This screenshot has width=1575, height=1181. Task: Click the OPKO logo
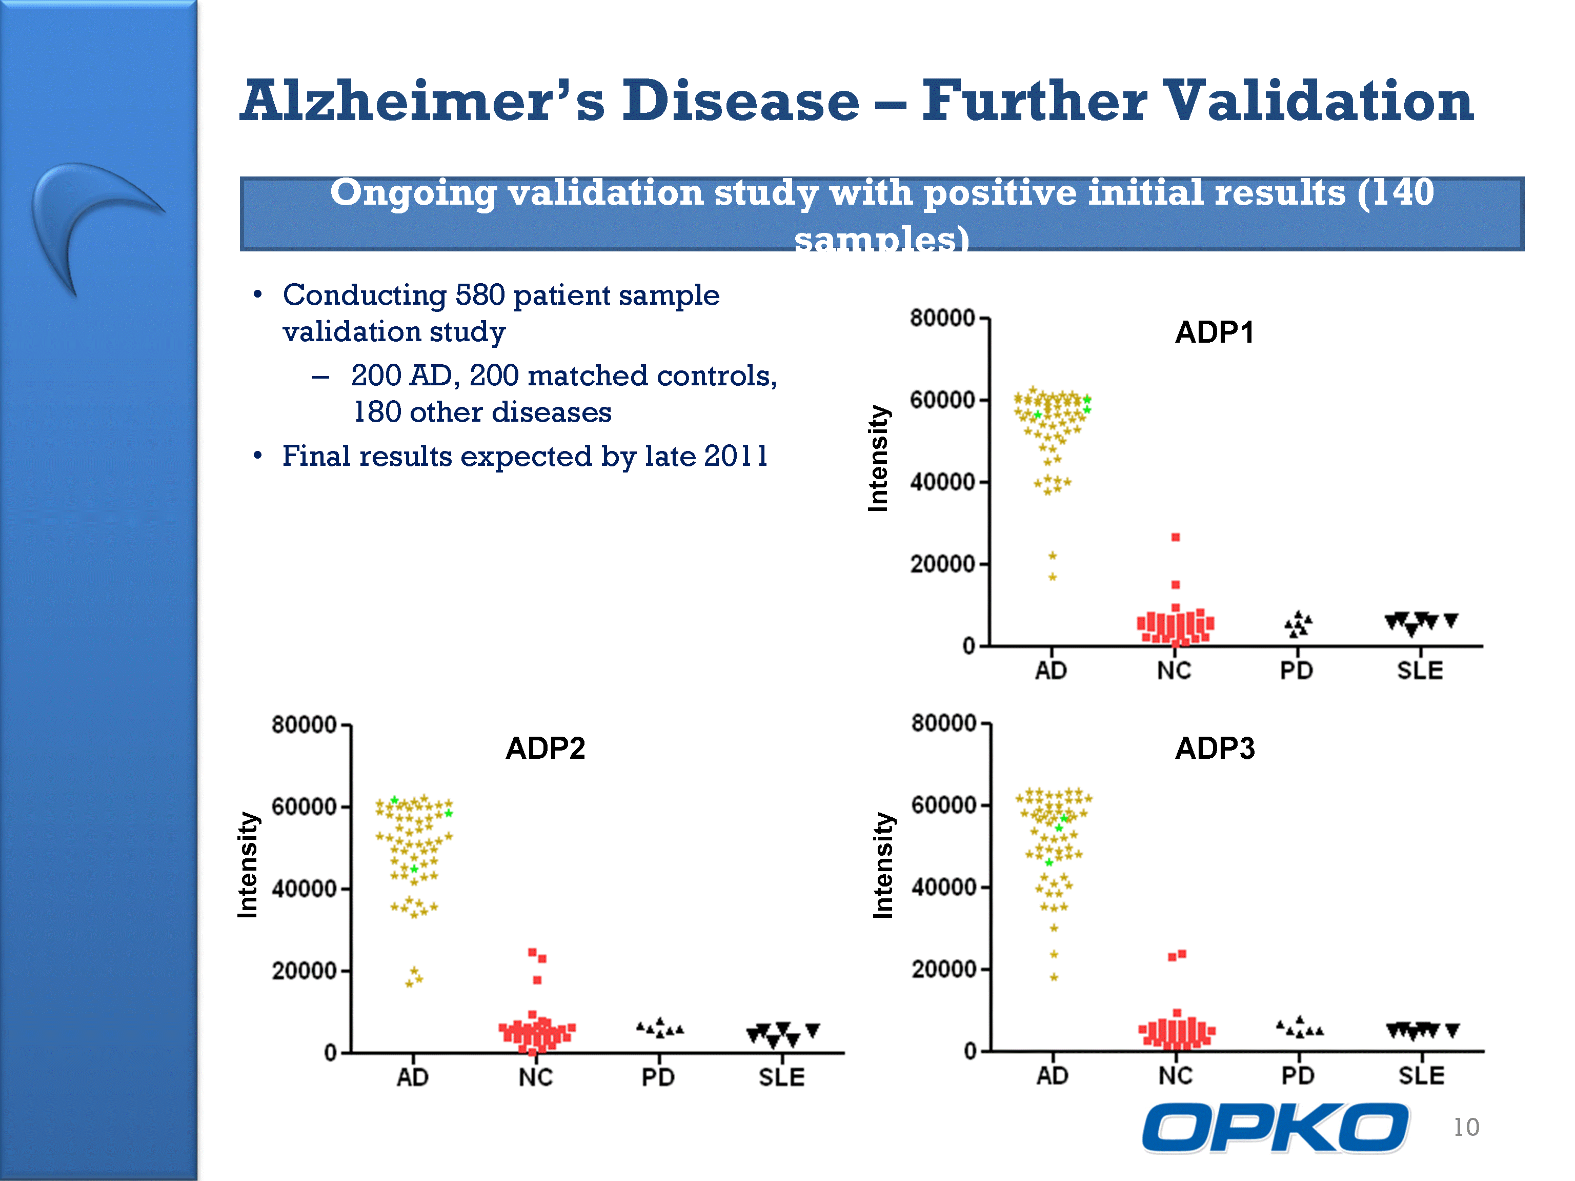(1275, 1127)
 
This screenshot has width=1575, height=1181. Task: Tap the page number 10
(1466, 1127)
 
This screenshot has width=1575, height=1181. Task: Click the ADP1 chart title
(1214, 332)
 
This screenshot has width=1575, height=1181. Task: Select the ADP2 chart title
(546, 748)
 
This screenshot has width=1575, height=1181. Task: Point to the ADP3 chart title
(1215, 748)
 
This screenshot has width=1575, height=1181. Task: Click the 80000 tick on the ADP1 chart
(942, 318)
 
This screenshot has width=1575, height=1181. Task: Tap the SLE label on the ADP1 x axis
(1420, 671)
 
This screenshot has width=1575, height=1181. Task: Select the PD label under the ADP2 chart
(658, 1077)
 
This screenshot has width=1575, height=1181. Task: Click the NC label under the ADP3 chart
(1176, 1076)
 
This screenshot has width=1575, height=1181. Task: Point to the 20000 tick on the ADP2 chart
(304, 971)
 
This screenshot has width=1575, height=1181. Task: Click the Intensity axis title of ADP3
(883, 865)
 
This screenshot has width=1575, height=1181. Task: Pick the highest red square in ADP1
(1176, 537)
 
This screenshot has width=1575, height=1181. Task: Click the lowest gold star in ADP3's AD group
(1054, 977)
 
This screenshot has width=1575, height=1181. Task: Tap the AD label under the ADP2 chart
(413, 1077)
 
